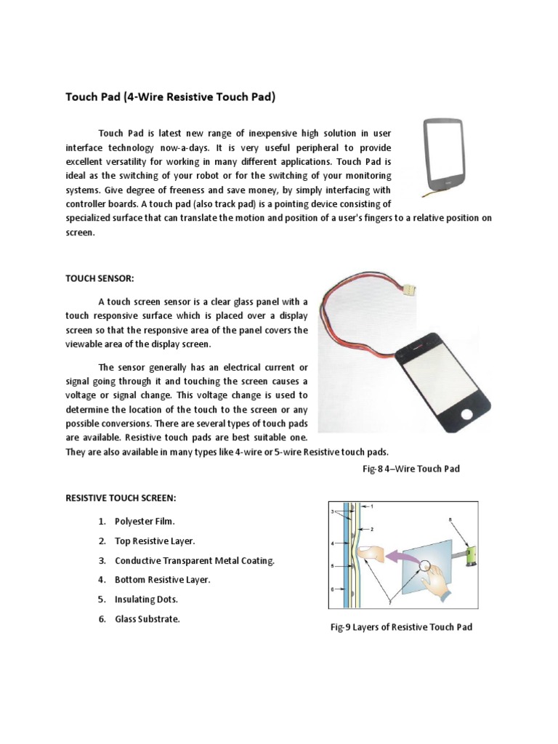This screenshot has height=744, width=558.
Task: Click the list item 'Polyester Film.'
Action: click(x=145, y=522)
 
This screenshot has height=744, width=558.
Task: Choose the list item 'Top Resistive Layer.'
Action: click(x=155, y=541)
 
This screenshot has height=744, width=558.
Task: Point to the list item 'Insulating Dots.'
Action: click(x=146, y=599)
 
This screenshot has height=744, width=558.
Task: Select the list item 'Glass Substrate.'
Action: click(x=147, y=619)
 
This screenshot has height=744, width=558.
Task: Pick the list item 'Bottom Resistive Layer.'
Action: click(x=162, y=580)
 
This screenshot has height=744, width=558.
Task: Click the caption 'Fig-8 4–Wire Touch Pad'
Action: click(x=411, y=469)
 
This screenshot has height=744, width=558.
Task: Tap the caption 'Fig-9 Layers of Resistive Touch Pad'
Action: click(x=401, y=626)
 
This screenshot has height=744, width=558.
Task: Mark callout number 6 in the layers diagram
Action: click(x=331, y=590)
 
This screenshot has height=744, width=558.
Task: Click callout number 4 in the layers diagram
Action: click(x=331, y=542)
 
